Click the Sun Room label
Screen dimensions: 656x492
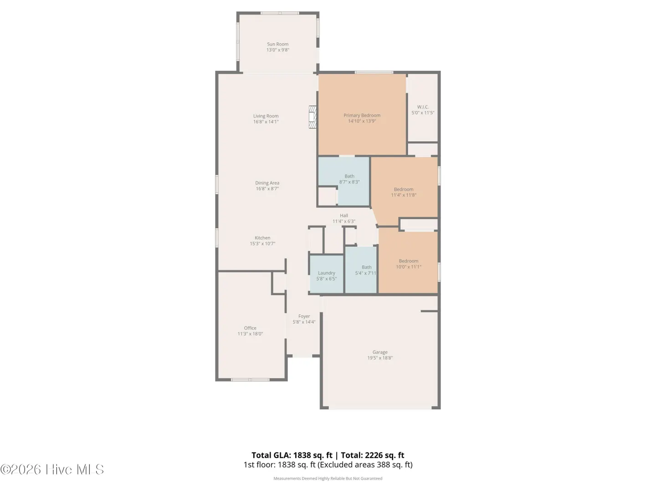[x=277, y=44]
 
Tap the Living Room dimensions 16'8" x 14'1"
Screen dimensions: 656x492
[x=266, y=122]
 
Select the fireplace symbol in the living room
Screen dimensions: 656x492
[x=313, y=117]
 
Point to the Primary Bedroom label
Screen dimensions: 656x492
[x=362, y=115]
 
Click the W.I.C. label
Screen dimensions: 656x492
[x=423, y=107]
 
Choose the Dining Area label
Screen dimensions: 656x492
[x=267, y=183]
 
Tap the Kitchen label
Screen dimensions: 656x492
[x=262, y=238]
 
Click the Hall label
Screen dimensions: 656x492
[x=344, y=215]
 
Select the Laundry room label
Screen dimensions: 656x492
[x=326, y=273]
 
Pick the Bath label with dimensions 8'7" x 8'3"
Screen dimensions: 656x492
[x=349, y=176]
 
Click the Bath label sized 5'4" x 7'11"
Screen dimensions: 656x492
[x=367, y=267]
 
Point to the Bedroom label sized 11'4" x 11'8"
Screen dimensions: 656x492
[x=404, y=190]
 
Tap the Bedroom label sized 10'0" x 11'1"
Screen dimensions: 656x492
[x=409, y=261]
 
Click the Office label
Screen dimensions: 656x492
[x=250, y=328]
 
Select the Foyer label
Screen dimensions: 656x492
[x=304, y=316]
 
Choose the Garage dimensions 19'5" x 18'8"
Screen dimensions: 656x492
[x=380, y=358]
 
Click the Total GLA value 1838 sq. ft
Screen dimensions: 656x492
[x=313, y=455]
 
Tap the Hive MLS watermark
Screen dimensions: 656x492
[x=52, y=470]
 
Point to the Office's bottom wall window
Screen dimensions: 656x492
[x=250, y=379]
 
